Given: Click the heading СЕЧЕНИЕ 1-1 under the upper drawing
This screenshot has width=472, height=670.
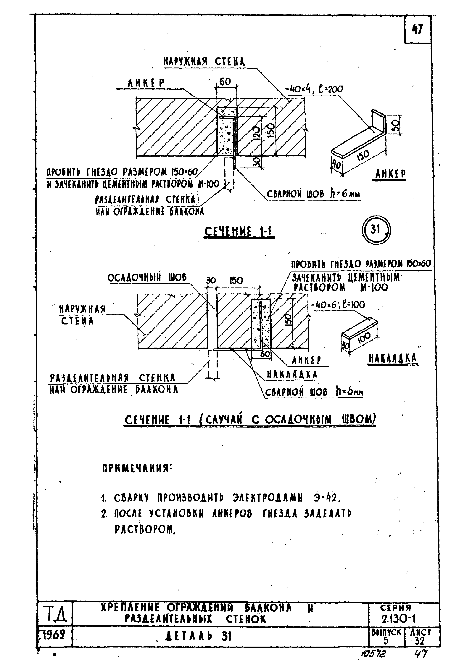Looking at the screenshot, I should (x=239, y=232).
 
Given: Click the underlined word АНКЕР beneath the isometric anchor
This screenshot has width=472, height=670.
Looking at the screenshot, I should (x=390, y=174).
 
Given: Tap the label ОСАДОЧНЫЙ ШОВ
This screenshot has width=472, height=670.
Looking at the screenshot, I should (x=147, y=277).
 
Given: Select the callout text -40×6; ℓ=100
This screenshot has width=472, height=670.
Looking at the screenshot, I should (x=338, y=305).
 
